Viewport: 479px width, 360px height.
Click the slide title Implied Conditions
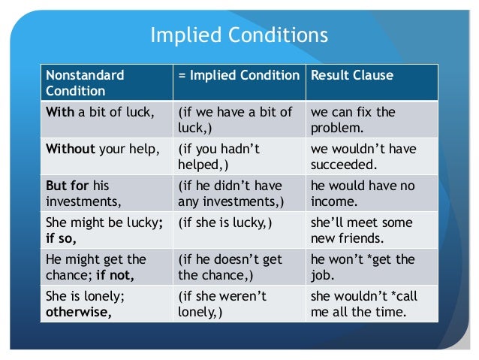point(239,35)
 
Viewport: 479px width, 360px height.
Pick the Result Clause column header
point(352,76)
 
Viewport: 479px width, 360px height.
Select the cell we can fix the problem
point(353,120)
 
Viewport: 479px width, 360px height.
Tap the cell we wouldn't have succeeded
point(353,156)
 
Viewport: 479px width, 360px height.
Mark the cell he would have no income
point(353,192)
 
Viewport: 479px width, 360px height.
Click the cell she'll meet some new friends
point(353,230)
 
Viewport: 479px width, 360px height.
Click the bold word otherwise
point(80,310)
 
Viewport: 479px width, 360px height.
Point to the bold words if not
point(113,274)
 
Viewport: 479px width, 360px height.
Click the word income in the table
point(331,201)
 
